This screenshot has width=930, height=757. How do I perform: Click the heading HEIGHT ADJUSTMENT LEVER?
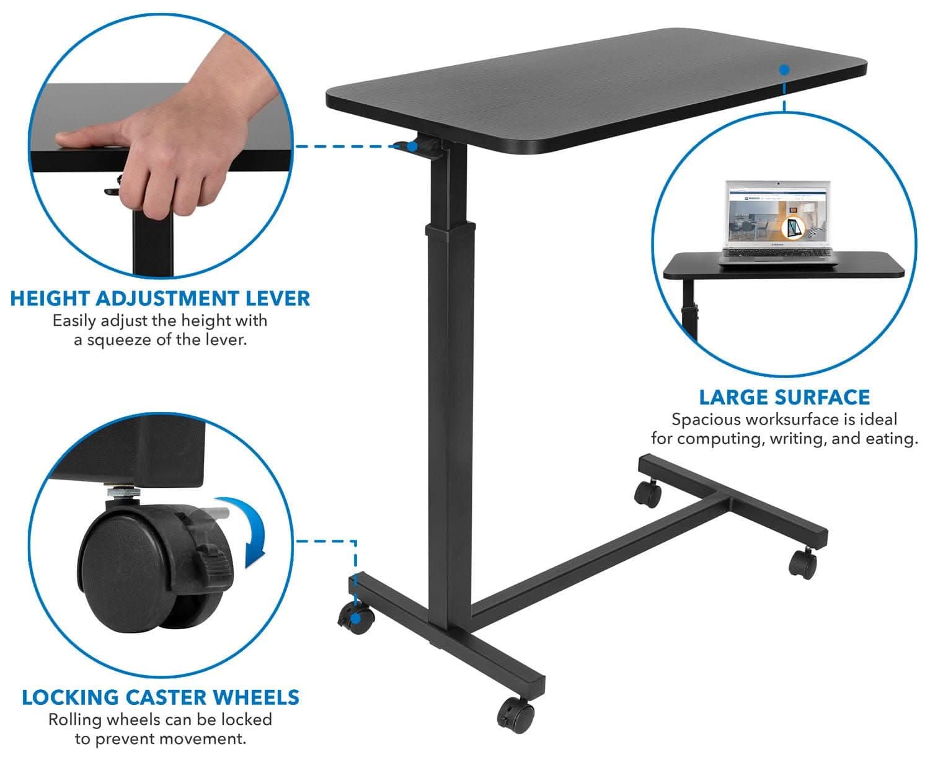pos(160,298)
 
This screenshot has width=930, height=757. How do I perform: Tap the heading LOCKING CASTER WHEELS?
pos(160,697)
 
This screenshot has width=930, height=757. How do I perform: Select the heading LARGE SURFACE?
pos(784,397)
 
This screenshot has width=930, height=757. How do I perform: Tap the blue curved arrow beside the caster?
pos(248,531)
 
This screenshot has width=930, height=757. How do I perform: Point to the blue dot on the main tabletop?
pos(784,69)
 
